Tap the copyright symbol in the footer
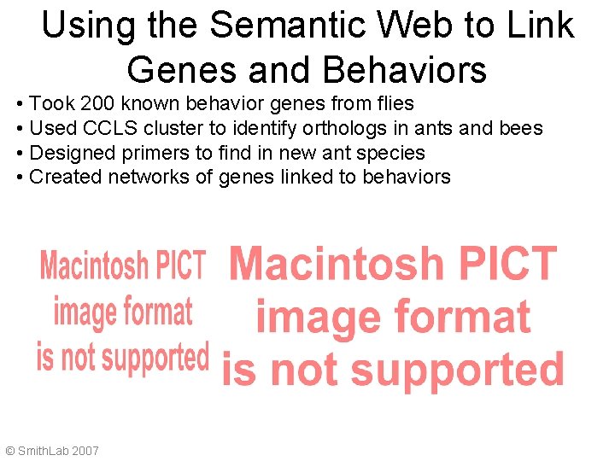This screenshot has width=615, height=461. [10, 450]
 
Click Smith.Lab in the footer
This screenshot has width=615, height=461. [44, 450]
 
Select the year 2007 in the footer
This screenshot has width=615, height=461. [85, 450]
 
